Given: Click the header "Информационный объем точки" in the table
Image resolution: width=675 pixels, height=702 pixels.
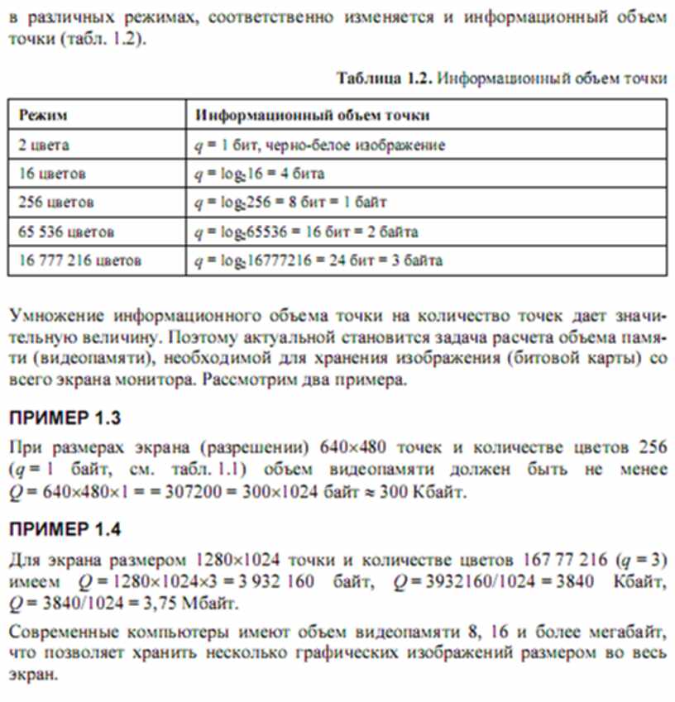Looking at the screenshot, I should pos(312,115).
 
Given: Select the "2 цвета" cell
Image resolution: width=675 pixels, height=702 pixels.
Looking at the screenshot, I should pos(45,145).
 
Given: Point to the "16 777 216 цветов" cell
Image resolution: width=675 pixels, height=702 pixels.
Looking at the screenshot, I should pos(80,260).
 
